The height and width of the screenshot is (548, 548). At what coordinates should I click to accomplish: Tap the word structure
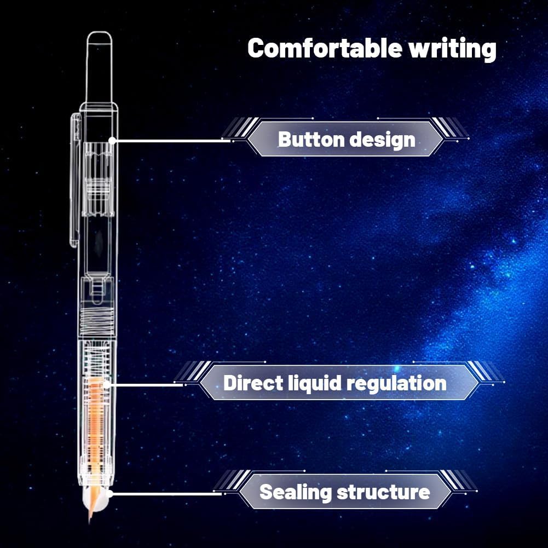click(383, 492)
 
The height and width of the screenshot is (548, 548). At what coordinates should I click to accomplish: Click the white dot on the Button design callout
click(112, 140)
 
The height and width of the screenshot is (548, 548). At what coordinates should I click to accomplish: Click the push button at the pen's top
click(99, 66)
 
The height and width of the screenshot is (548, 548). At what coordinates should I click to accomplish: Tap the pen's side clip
click(74, 181)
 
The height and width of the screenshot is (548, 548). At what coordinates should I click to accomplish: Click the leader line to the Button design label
click(170, 140)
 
